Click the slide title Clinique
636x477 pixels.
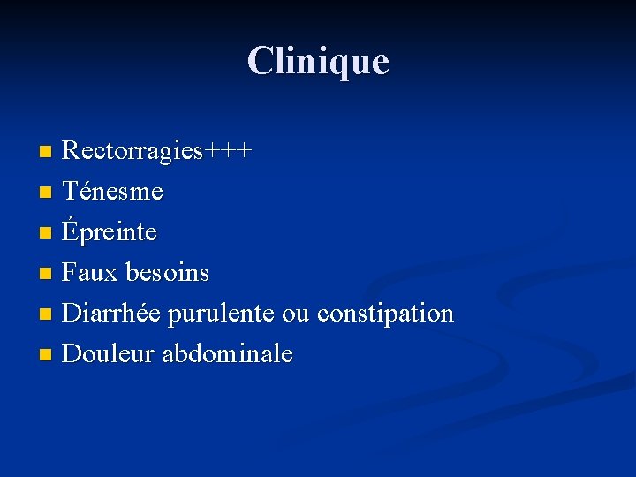tap(318, 61)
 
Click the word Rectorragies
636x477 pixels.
tap(133, 150)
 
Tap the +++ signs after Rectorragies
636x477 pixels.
tap(229, 151)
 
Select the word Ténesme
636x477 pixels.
tap(113, 190)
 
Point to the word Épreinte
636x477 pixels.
tap(110, 232)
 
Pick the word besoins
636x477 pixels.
tap(167, 273)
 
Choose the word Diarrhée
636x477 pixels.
tap(112, 313)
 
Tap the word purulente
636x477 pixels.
tap(221, 314)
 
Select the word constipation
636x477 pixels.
tap(385, 314)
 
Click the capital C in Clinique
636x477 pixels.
tap(260, 61)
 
